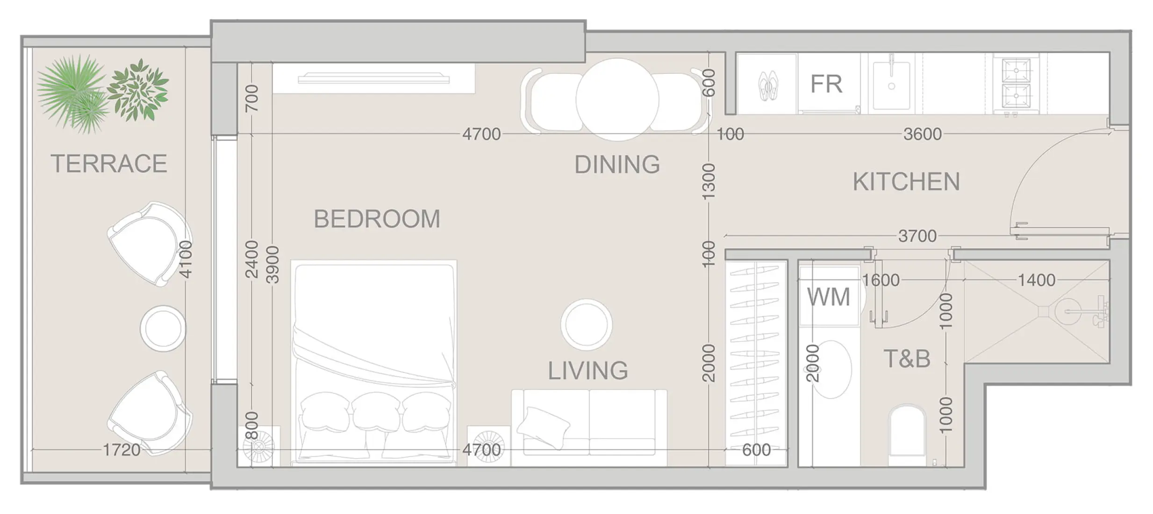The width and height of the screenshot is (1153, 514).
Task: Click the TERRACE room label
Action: coord(108,164)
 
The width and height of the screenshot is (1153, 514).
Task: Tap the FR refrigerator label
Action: coord(826,84)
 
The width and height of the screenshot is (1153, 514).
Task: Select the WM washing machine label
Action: coord(828,297)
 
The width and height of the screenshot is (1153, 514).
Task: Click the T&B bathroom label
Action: coord(907,359)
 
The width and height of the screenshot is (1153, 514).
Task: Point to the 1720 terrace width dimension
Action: coord(121,450)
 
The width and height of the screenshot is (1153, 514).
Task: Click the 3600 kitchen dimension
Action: coord(922,134)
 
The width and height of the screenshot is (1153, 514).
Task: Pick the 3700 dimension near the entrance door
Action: coord(917,236)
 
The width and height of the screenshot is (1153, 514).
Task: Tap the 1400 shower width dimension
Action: coord(1036,280)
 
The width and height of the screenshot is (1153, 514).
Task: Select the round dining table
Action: coord(617,99)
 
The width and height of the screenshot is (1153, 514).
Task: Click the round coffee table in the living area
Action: coord(586,324)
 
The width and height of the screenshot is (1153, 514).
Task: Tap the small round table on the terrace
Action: coord(163,328)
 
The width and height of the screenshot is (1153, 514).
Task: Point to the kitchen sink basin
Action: coord(891,85)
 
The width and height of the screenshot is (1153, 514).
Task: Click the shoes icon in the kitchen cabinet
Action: coord(767,86)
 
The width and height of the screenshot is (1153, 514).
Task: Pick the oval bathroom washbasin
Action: coord(833,369)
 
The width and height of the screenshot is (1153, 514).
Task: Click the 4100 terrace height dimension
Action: coord(186,259)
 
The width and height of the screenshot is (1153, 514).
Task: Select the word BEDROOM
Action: coord(377,219)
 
